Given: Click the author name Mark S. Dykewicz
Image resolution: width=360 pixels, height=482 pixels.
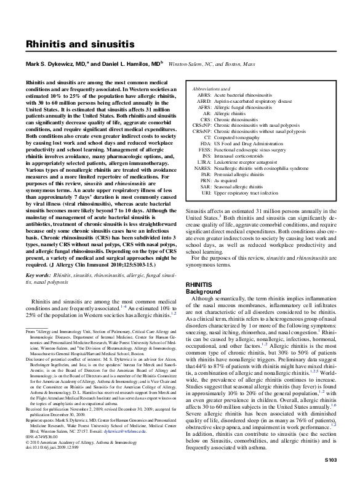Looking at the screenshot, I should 60,63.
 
